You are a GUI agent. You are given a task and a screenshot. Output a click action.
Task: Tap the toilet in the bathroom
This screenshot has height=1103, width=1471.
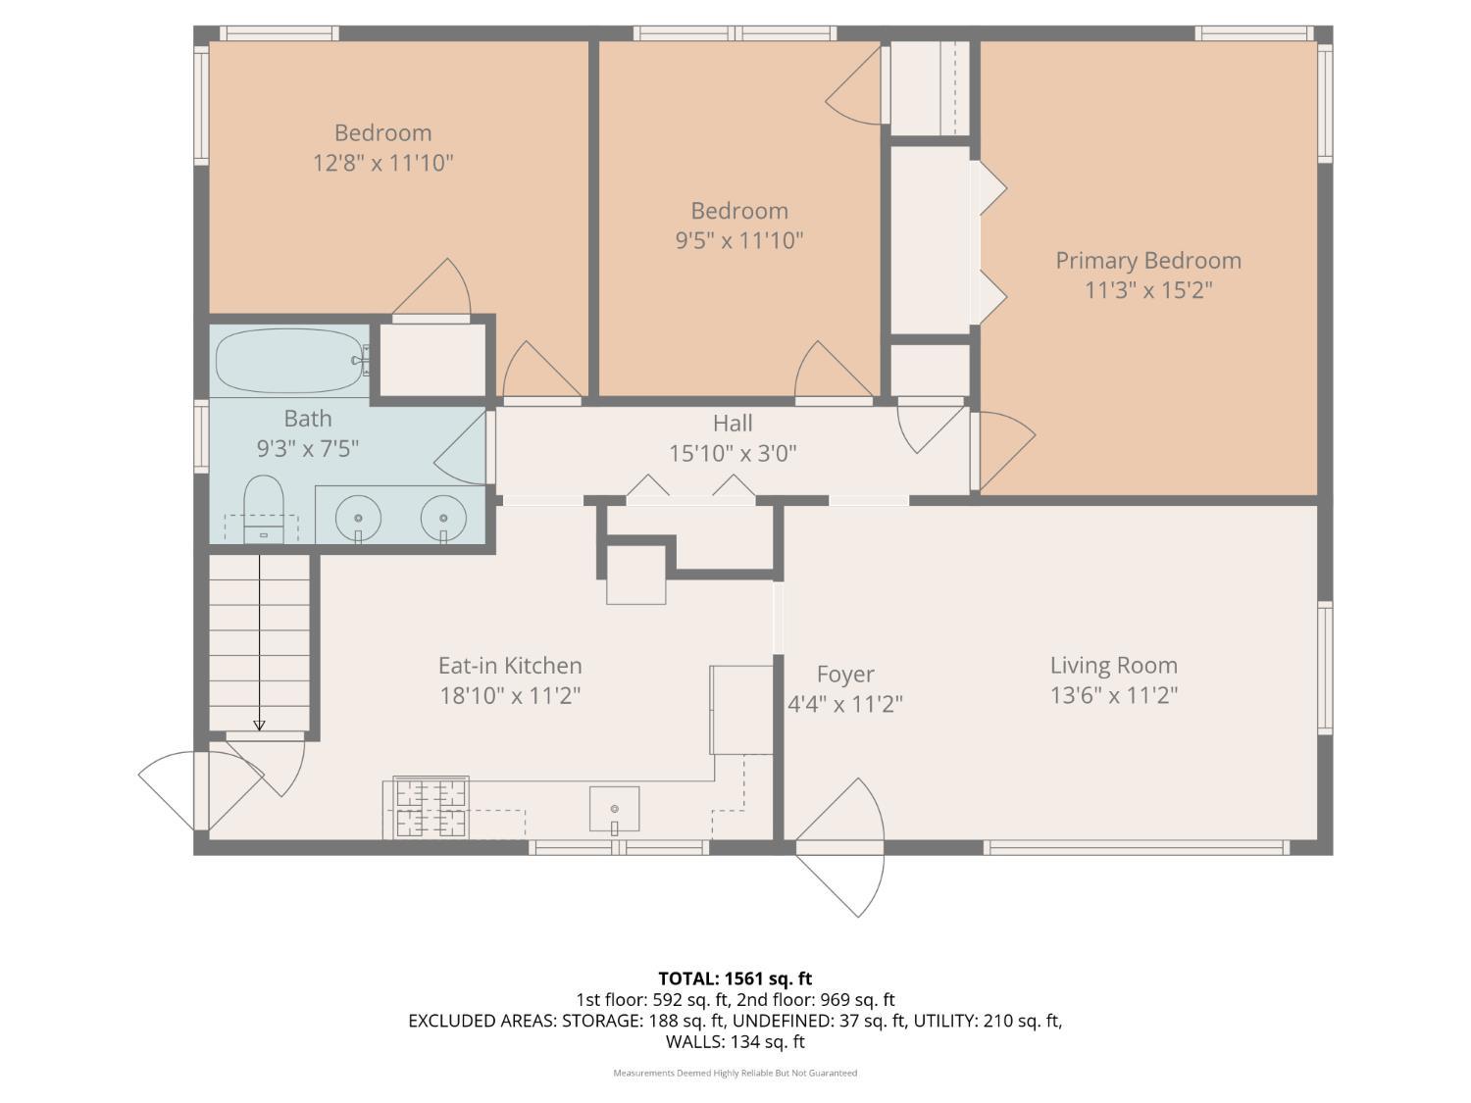263,508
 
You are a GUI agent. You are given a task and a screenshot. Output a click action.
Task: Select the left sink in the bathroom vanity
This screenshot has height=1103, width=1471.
359,517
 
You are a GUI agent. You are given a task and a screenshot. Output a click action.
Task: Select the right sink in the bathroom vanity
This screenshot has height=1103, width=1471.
443,517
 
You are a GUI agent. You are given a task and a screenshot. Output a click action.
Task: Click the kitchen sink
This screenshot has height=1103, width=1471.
614,809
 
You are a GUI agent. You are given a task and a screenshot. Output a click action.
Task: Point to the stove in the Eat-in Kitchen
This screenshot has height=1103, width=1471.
431,807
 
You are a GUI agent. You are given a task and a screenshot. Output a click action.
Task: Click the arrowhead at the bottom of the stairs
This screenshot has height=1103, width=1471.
259,725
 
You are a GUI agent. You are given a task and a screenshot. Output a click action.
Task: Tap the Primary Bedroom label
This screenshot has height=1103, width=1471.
1148,261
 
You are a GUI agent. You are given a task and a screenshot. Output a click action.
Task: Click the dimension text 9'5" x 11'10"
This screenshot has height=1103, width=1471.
739,240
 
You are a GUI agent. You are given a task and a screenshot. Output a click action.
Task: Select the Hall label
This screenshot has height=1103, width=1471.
733,424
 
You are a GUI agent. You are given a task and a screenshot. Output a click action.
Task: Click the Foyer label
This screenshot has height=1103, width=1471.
844,675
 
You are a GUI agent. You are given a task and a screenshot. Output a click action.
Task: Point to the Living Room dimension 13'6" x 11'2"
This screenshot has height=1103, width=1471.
1113,695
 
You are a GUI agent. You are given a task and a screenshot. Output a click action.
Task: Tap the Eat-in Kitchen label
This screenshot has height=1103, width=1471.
510,666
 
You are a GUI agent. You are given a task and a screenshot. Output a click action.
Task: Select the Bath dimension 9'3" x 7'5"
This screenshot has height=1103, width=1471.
308,449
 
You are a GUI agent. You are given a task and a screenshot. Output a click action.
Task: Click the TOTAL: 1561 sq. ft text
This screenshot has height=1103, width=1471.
735,978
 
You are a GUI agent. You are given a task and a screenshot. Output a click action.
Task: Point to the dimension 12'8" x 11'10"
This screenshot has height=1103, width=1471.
382,163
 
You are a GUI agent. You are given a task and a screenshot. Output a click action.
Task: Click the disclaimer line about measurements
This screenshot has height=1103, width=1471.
735,1073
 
